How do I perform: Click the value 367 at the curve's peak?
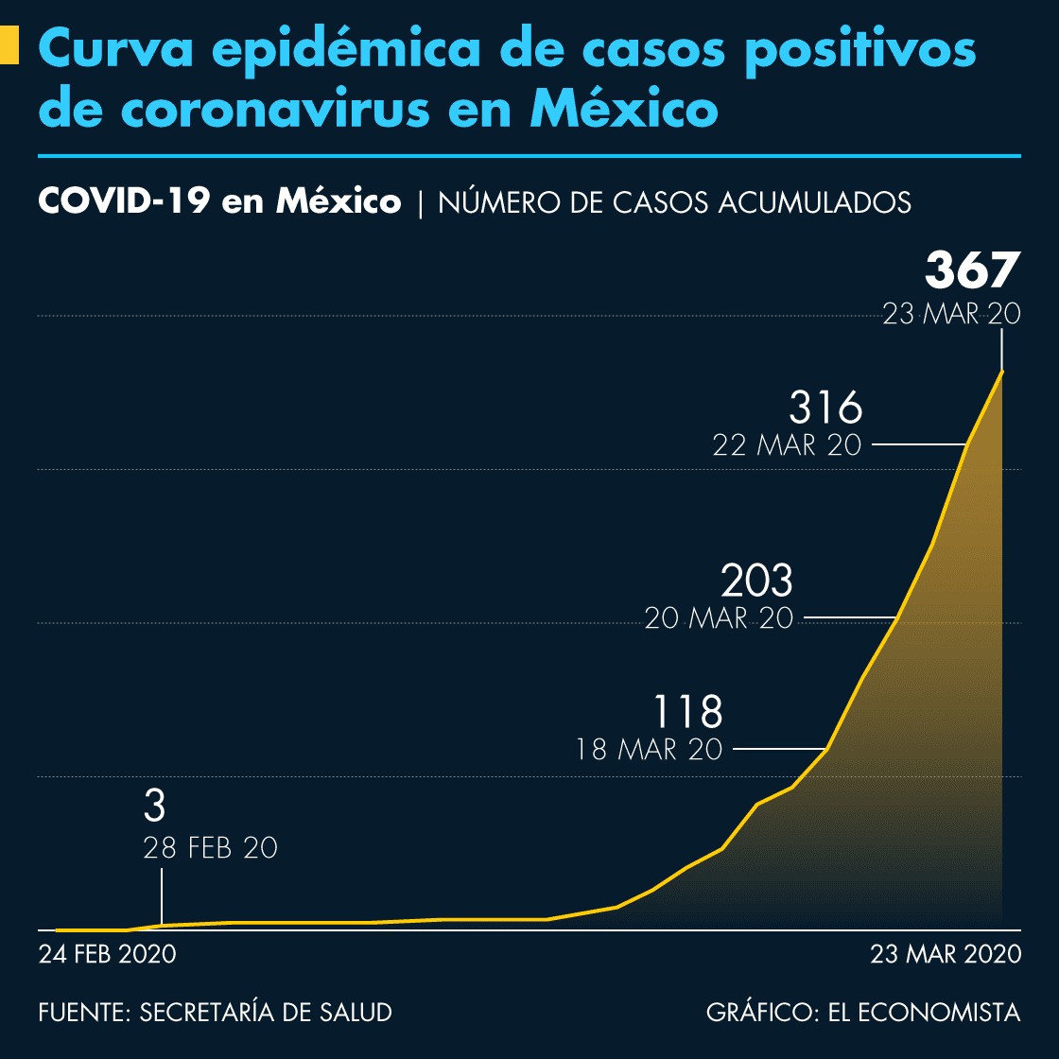tap(972, 270)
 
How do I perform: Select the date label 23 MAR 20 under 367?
tap(951, 314)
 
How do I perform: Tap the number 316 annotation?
tap(825, 408)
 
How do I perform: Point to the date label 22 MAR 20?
tap(787, 444)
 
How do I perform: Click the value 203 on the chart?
tap(756, 581)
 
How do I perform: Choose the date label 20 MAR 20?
tap(719, 618)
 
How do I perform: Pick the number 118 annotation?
tap(688, 711)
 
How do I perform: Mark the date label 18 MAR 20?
tap(650, 750)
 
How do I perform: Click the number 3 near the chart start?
tap(154, 807)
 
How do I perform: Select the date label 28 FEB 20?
tap(210, 848)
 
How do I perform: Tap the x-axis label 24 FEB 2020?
tap(107, 954)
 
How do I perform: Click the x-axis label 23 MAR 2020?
tap(946, 954)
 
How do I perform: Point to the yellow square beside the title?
tap(9, 45)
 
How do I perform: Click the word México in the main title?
tap(623, 109)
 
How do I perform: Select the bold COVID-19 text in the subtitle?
tap(123, 201)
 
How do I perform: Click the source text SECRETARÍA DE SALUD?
tap(266, 1013)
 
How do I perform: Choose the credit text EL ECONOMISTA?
tap(924, 1013)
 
